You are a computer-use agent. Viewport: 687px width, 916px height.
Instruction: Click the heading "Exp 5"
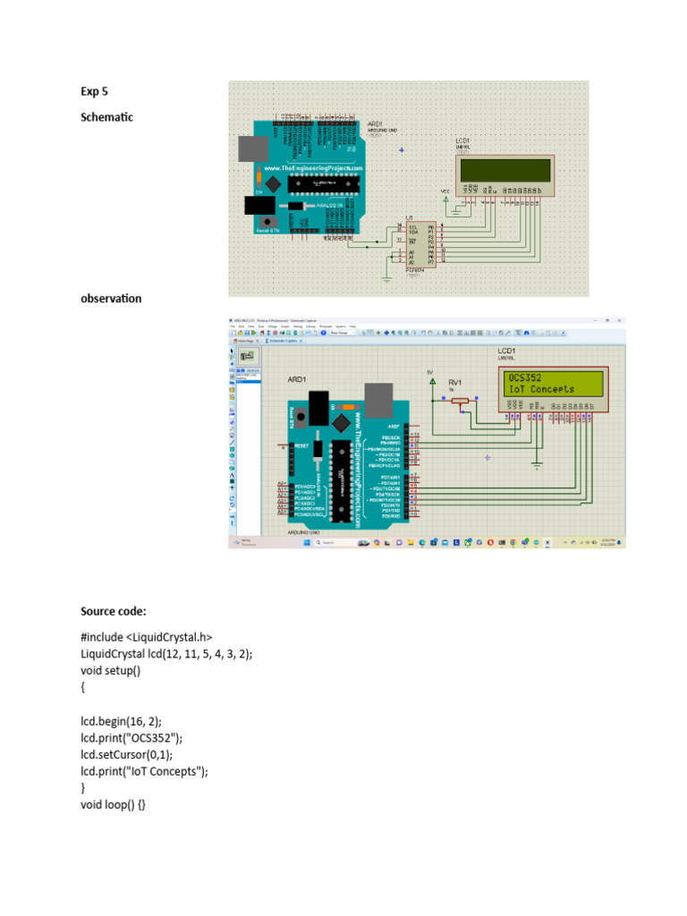click(94, 91)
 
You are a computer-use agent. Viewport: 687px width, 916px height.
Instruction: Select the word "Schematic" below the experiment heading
click(106, 117)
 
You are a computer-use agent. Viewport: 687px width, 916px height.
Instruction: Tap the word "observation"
click(111, 299)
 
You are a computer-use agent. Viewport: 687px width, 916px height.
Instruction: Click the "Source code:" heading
click(113, 612)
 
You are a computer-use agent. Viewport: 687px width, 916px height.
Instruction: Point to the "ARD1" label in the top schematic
click(376, 124)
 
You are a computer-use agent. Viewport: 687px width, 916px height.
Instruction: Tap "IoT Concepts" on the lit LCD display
click(541, 390)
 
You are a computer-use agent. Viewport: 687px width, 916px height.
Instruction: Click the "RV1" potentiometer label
click(454, 381)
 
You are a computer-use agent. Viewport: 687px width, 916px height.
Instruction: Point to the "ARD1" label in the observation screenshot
click(297, 380)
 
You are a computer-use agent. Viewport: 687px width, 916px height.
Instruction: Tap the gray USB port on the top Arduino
click(250, 148)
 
